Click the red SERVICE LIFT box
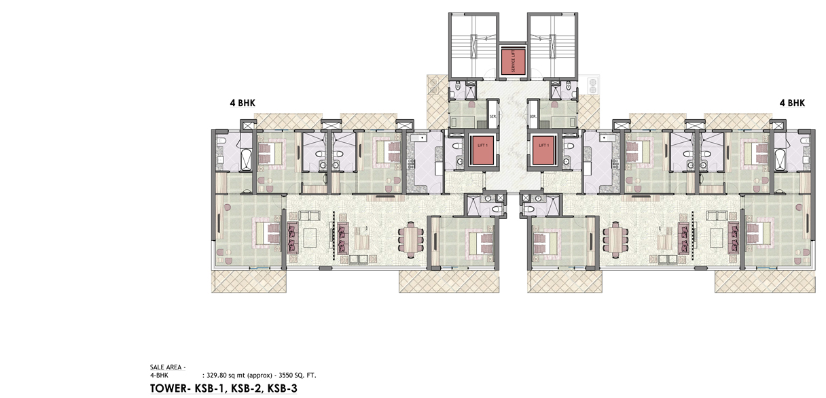pyautogui.click(x=513, y=61)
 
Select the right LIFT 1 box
pyautogui.click(x=543, y=150)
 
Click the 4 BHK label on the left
pyautogui.click(x=243, y=103)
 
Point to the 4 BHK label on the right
pyautogui.click(x=792, y=103)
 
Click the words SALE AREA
pyautogui.click(x=166, y=367)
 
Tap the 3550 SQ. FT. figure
pyautogui.click(x=298, y=376)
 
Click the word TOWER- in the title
pyautogui.click(x=170, y=388)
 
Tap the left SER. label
pyautogui.click(x=492, y=116)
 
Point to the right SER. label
pyautogui.click(x=533, y=116)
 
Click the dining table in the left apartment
pyautogui.click(x=411, y=240)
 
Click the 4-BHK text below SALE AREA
pyautogui.click(x=159, y=376)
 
